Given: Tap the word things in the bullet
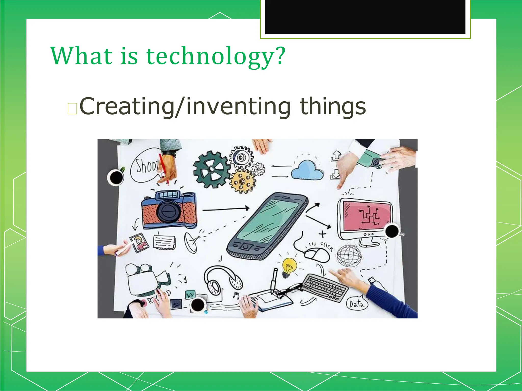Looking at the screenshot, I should coord(333,106).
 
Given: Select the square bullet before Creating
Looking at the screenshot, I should coord(72,109).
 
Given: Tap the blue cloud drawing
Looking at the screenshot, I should coord(308,170).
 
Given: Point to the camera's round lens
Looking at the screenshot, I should coord(168,211).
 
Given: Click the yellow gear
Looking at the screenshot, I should coord(242,181).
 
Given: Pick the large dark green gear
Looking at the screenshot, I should coord(211,169).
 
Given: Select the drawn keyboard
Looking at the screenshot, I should coord(325,288).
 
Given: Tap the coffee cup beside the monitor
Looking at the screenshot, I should coord(392,231).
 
